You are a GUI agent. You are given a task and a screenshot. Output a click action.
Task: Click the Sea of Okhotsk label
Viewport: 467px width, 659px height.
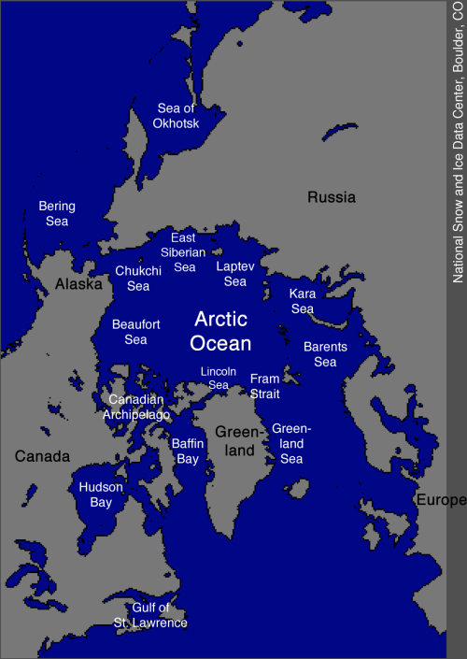178,115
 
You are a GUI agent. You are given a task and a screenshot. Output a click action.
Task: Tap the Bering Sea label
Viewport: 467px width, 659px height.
57,213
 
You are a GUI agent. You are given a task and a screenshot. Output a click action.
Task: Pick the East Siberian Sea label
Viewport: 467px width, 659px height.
185,252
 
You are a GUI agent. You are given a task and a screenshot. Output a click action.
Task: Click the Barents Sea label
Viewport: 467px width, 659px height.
325,353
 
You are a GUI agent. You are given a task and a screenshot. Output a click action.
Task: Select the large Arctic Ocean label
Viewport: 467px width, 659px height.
220,331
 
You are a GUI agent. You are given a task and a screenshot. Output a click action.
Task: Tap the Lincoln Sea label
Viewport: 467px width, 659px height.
219,378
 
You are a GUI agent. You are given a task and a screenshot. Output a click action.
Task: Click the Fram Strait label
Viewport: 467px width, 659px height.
264,385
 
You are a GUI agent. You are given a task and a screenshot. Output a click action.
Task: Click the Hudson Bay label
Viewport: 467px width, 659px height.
94,494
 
